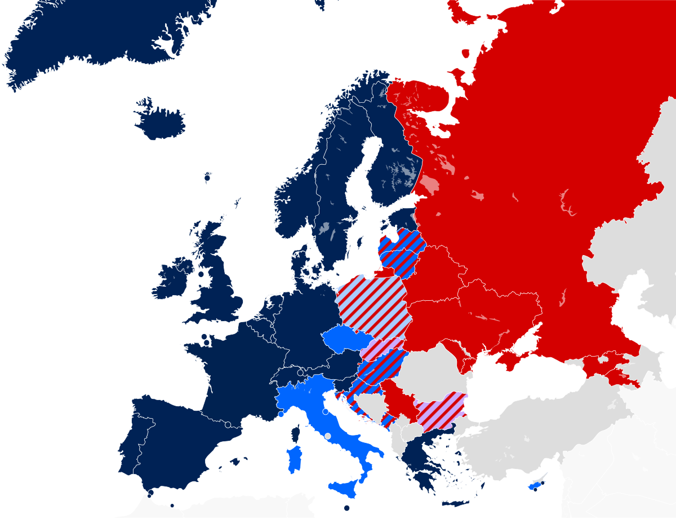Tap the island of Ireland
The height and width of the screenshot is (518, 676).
pos(170,280)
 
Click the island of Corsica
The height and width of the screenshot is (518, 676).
pos(294,433)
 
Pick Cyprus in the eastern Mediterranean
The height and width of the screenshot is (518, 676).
pos(534,486)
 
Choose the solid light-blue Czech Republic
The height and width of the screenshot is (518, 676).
pos(345,339)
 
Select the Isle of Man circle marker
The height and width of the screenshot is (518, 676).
pos(201,274)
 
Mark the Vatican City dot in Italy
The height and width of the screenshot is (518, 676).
pos(328,436)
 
